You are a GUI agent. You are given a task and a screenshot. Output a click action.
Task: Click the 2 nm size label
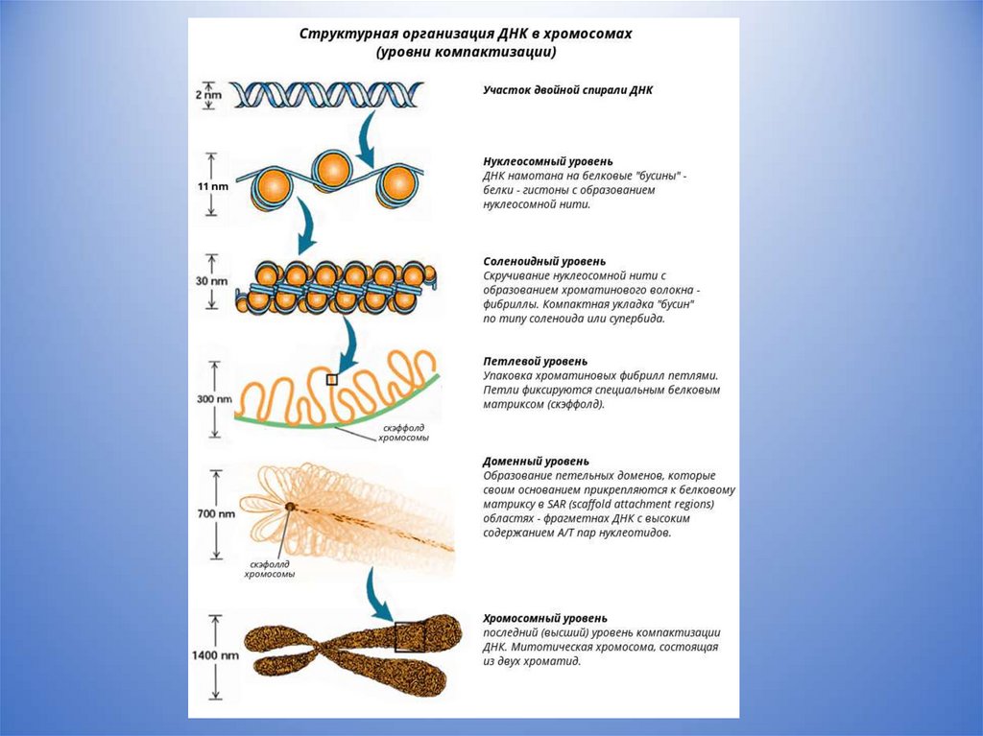click(209, 95)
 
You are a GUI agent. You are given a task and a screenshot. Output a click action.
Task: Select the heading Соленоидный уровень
click(543, 261)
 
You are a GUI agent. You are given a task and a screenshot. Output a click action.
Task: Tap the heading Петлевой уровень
click(535, 362)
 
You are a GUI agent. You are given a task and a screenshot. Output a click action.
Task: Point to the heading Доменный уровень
click(537, 462)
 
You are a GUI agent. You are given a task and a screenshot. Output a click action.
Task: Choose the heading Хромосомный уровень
click(544, 619)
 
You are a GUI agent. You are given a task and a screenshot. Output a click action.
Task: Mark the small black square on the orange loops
click(332, 380)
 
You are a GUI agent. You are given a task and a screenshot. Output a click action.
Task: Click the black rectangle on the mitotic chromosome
click(410, 636)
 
